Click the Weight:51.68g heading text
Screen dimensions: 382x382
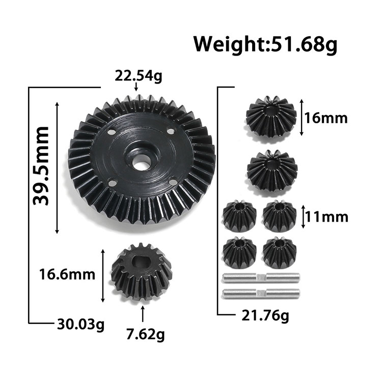(265, 45)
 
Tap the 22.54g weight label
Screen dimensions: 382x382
(138, 76)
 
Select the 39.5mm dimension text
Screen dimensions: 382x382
(41, 166)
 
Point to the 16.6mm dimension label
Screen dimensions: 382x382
(67, 275)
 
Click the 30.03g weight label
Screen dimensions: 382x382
(80, 325)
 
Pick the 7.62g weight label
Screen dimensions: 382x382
(145, 334)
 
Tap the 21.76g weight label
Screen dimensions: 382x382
(265, 316)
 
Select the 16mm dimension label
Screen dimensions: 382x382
(326, 118)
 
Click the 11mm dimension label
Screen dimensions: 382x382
(326, 217)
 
